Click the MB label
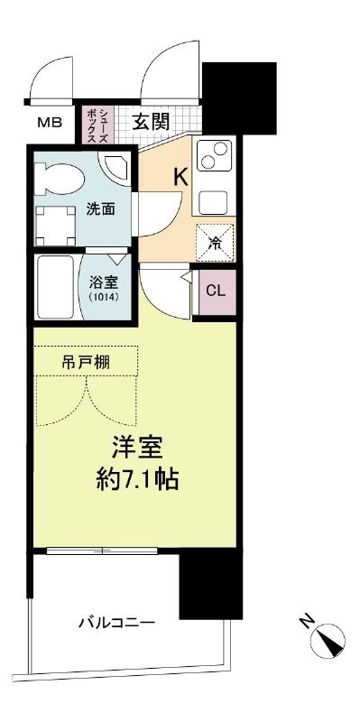(50, 123)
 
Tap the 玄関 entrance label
(152, 122)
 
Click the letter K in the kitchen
(181, 177)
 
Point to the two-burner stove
(214, 155)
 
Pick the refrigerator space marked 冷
(215, 243)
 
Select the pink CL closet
(216, 291)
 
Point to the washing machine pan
(56, 226)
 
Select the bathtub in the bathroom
(55, 287)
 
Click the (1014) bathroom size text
(105, 297)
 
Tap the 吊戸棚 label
(86, 363)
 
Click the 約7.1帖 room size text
(137, 480)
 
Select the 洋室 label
(137, 448)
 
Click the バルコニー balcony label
(116, 624)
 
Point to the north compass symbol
(328, 640)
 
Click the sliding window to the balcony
(102, 551)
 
